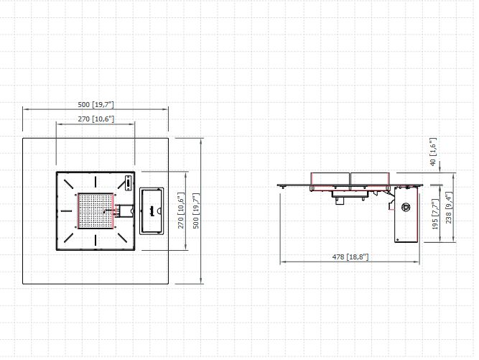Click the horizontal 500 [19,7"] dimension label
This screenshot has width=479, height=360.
[96, 104]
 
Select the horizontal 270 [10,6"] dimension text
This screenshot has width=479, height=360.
[96, 119]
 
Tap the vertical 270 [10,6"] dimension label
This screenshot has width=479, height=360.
[181, 211]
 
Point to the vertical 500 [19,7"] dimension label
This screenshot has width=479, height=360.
[196, 211]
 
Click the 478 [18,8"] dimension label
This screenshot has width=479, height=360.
[350, 257]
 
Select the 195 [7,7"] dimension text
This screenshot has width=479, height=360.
[435, 214]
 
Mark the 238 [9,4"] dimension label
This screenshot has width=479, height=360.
[448, 208]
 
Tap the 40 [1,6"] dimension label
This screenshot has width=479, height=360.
[433, 152]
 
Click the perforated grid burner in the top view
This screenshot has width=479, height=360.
[96, 211]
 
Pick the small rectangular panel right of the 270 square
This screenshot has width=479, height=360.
[152, 211]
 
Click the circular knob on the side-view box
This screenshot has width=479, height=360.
[406, 207]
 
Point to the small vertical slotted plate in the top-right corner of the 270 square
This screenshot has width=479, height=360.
[129, 183]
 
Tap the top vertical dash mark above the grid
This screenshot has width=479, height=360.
[96, 181]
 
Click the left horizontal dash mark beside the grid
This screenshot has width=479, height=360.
[66, 211]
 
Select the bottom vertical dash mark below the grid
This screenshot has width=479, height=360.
[96, 240]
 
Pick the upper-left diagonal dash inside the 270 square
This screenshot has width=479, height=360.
[68, 183]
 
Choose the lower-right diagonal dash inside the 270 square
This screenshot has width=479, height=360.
[122, 238]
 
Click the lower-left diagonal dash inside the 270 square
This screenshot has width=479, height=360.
[69, 238]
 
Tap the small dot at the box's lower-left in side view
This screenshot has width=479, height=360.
[398, 239]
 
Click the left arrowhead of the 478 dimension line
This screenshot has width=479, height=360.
[282, 262]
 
